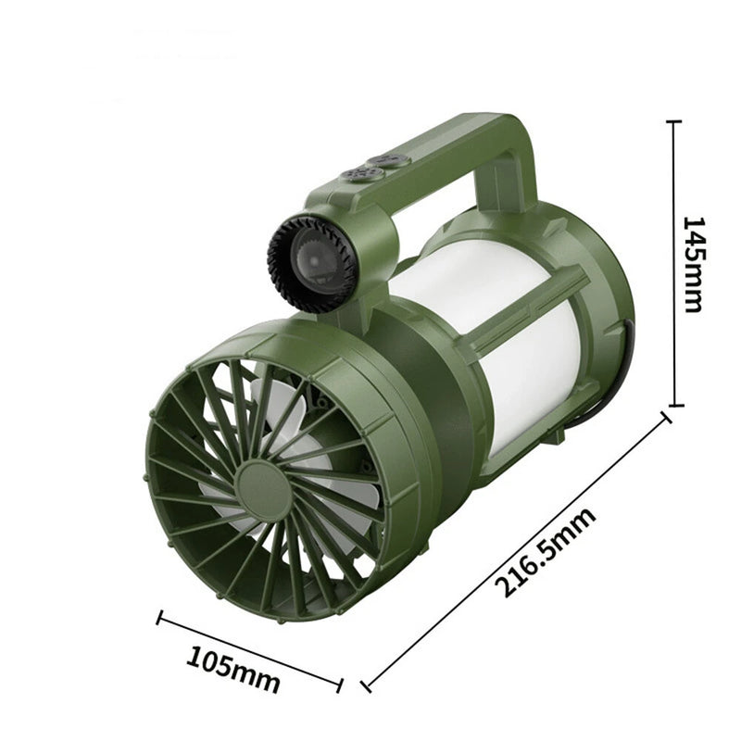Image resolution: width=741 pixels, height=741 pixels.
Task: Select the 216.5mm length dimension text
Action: click(x=544, y=553)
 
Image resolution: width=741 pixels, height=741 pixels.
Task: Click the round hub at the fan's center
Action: click(x=263, y=483)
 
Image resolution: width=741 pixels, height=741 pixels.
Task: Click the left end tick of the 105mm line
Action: click(x=160, y=618)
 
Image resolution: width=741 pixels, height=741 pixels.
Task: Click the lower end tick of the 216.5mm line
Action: click(x=367, y=686)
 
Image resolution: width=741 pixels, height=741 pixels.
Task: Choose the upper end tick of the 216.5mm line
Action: click(x=664, y=420)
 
